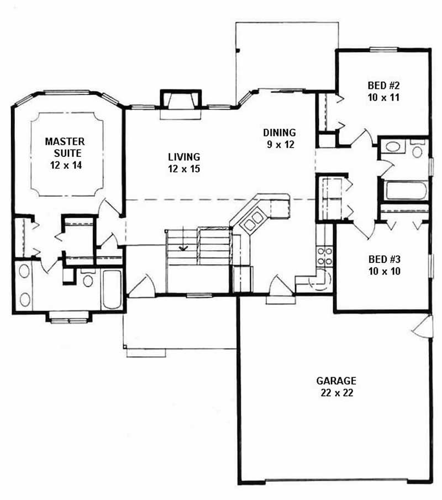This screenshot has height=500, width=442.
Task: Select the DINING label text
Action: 279,133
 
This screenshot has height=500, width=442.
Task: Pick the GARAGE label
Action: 336,381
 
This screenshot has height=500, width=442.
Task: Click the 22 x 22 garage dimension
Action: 336,393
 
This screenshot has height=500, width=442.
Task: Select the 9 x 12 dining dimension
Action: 279,145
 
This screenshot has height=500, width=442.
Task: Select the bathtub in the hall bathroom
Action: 406,191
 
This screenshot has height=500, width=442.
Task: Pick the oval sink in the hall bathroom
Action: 393,147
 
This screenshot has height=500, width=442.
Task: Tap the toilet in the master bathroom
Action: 87,279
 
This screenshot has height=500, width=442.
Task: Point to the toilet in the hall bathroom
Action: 418,149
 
